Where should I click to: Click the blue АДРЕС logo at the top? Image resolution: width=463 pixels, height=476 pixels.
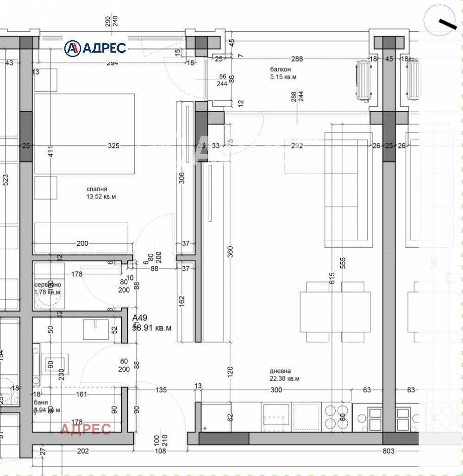point(95,48)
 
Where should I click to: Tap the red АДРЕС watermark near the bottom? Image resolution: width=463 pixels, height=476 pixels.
point(86,429)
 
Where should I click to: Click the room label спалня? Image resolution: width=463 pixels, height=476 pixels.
point(97,189)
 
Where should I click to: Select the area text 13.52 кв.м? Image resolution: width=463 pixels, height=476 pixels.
point(101,197)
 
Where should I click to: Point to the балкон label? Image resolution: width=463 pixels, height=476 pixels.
point(281,69)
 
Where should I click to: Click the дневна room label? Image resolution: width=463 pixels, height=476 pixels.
point(280,371)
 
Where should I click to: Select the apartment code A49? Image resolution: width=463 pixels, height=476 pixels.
point(140,318)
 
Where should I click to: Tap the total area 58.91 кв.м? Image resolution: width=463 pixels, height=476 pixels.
point(152,327)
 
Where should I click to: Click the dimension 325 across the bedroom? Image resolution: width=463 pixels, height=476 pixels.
point(113,146)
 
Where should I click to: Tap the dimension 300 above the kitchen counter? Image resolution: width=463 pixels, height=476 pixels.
point(276,390)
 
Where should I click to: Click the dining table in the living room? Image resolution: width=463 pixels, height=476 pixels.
point(335,312)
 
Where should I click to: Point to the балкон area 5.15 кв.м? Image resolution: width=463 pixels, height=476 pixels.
point(284,77)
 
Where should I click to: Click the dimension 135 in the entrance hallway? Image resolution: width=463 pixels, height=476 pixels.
point(161,390)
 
